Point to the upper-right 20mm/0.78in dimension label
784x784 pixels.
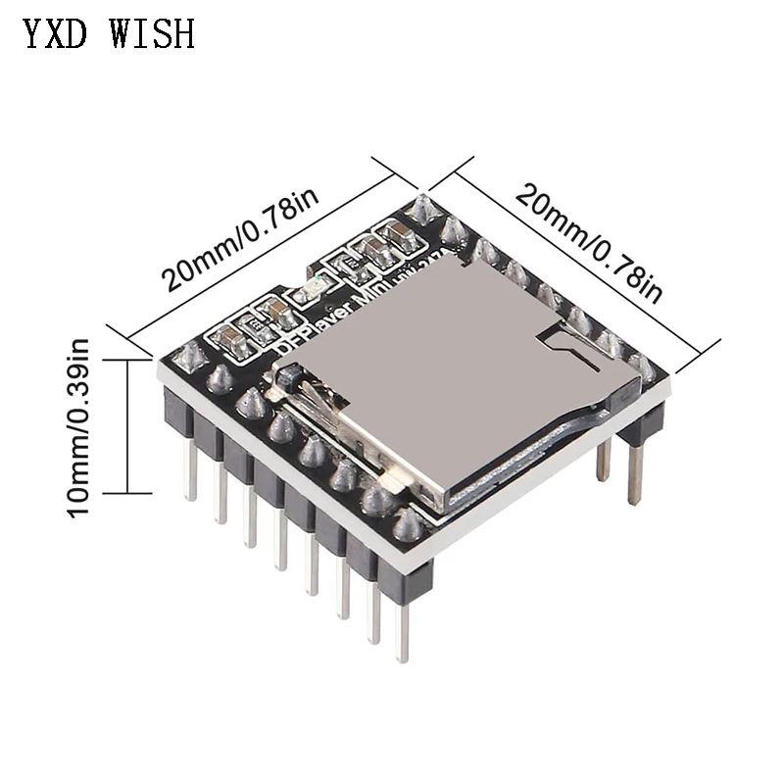[589, 241]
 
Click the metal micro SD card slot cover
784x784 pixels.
[451, 382]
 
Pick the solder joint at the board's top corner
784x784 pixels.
[422, 208]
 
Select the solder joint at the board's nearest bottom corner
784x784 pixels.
[408, 525]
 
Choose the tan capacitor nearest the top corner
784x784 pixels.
[399, 234]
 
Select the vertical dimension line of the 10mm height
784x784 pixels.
[127, 427]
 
